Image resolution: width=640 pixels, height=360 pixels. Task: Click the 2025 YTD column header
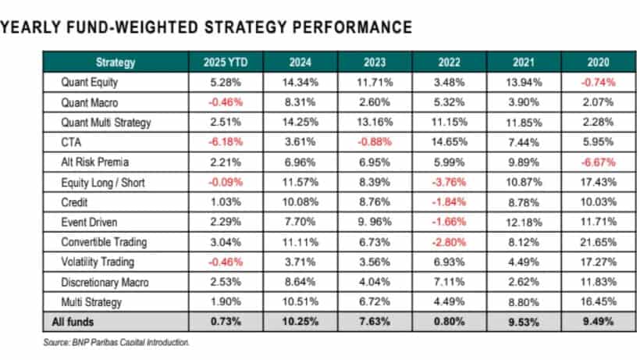click(x=226, y=62)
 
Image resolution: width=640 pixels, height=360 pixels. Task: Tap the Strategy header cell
click(x=116, y=62)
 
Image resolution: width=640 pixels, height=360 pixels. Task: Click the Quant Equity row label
click(x=89, y=80)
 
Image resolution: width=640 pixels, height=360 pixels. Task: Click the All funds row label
click(x=80, y=321)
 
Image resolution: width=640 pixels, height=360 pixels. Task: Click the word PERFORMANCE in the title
click(x=348, y=27)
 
